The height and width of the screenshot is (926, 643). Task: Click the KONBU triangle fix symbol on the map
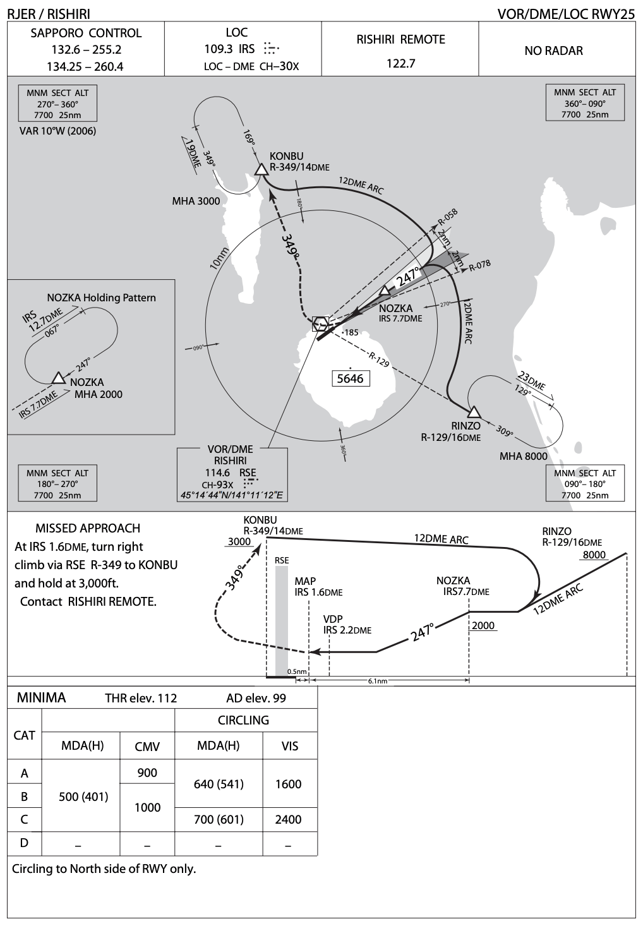(261, 169)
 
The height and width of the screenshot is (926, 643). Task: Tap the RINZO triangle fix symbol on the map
(474, 412)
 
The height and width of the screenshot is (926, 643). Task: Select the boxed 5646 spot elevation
(351, 378)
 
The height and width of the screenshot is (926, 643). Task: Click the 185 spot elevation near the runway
(351, 332)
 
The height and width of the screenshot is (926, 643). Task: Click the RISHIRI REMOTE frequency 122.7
(400, 63)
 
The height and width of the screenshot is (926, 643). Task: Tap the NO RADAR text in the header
(553, 51)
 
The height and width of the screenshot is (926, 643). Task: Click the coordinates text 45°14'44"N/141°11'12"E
(232, 496)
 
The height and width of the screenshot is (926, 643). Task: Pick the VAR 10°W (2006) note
(58, 131)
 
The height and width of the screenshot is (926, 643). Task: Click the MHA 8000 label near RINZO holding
(524, 456)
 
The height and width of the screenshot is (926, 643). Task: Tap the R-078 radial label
(480, 265)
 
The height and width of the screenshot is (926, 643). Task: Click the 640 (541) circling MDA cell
(219, 784)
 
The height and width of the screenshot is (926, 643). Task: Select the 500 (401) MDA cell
(83, 797)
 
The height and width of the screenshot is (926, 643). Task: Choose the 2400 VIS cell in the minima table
(289, 819)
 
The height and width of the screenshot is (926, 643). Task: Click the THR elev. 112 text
(141, 698)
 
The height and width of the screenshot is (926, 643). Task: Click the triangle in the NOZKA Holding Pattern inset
(59, 378)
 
